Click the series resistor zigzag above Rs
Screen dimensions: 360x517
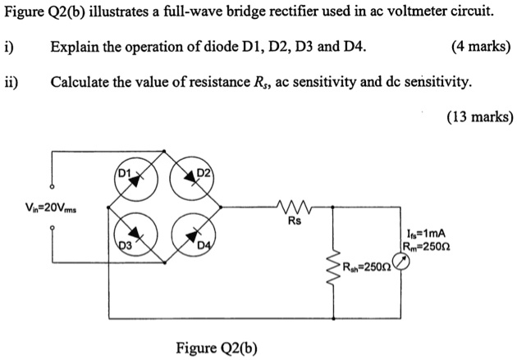293,207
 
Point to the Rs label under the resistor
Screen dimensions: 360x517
293,221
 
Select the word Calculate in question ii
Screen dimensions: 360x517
80,81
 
